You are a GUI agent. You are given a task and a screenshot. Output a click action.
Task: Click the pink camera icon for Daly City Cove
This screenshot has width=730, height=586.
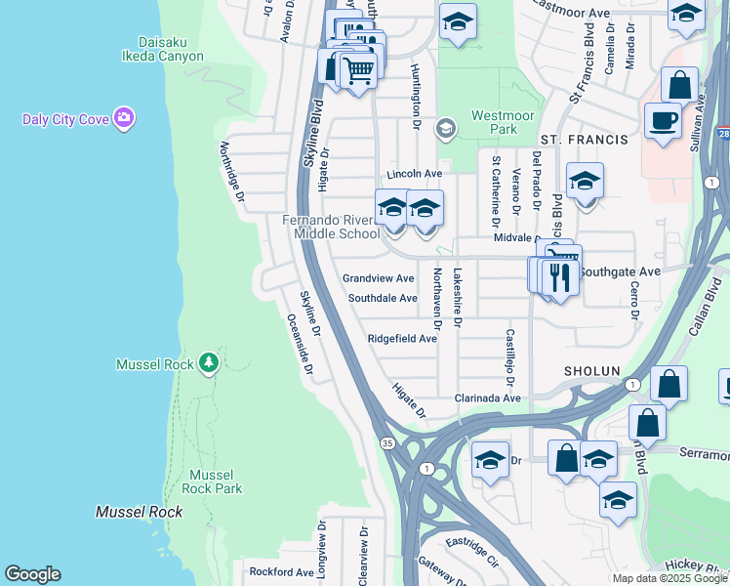pos(123,119)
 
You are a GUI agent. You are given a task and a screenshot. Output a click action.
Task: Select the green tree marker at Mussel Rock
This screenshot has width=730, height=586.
pos(208,363)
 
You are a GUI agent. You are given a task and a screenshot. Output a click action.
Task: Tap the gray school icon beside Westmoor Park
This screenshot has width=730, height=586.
pos(446,128)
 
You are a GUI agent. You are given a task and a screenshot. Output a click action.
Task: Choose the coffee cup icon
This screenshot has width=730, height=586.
pos(663,121)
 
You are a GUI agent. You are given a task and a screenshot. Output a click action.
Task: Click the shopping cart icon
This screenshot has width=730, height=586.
pos(358,69)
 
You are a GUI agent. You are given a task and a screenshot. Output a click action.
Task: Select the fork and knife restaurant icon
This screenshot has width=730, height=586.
pos(560,277)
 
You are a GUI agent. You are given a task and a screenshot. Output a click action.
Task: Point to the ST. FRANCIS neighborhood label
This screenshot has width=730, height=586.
pos(585,141)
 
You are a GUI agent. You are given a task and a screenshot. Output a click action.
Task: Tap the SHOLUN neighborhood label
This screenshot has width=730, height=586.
pos(591,371)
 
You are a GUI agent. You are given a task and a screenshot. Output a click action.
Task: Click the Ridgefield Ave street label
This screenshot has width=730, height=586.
pos(402,339)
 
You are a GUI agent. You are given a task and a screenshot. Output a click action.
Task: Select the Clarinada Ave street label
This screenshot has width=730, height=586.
pos(488,398)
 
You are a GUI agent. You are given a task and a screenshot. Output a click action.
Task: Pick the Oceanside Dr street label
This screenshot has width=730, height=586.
pos(300,345)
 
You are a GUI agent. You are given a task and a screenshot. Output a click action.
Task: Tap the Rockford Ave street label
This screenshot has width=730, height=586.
pos(281,571)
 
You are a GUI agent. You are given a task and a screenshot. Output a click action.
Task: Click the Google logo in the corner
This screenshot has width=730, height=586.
pos(32,574)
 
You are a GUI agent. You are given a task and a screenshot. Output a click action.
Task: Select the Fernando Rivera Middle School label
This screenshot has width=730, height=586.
pos(332,227)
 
